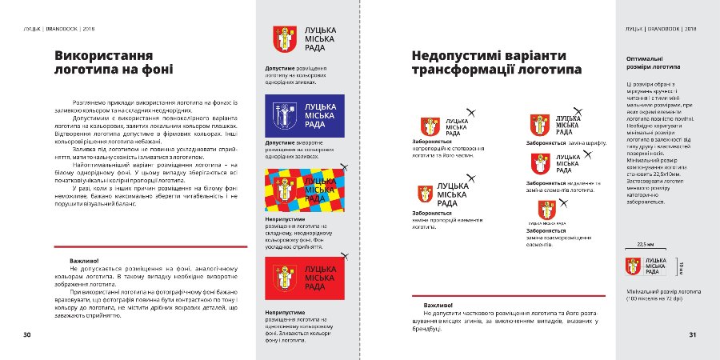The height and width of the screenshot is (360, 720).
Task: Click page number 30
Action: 26,334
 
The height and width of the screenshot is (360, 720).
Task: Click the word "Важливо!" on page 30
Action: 84,262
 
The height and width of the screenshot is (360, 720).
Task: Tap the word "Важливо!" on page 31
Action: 439,305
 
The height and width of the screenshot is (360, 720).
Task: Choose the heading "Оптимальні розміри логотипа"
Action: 648,63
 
